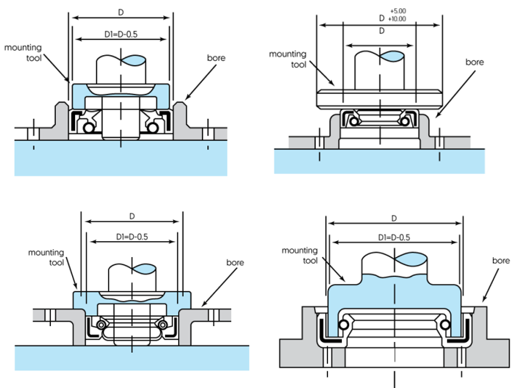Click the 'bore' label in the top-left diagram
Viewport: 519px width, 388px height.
(215, 58)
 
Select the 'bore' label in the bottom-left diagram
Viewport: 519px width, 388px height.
(235, 263)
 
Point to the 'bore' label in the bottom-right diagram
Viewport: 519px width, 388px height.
(501, 260)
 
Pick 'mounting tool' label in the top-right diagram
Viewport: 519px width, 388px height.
(287, 59)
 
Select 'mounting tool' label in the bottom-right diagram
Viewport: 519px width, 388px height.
(300, 255)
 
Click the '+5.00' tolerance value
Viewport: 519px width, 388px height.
(398, 11)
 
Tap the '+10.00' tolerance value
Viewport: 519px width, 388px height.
(397, 19)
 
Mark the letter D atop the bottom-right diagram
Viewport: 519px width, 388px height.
(394, 218)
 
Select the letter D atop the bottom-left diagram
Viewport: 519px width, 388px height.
(132, 216)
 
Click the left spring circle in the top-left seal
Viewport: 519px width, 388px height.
(89, 128)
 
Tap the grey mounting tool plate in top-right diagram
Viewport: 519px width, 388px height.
(379, 97)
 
